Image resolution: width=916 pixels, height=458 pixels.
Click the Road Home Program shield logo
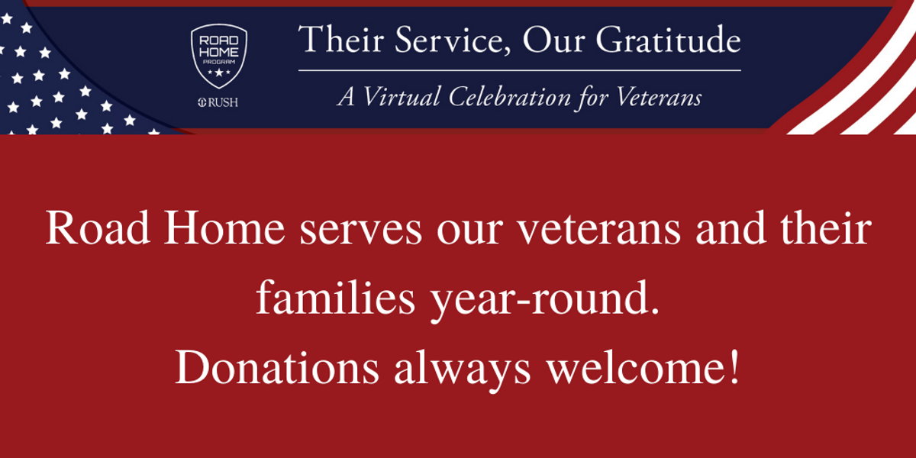(219, 56)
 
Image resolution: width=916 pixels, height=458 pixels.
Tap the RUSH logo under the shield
(218, 102)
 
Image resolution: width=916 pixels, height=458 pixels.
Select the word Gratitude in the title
(668, 39)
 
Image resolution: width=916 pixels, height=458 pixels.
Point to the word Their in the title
(341, 39)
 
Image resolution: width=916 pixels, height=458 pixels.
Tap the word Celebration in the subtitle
(510, 97)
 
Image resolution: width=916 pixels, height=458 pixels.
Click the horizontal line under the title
(519, 70)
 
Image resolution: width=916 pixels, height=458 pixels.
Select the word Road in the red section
(98, 227)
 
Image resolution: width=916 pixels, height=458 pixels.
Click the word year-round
(545, 301)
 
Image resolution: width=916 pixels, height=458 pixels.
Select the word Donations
(277, 367)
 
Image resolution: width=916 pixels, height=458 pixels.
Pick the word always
(462, 370)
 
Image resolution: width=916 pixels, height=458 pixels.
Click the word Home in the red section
(224, 227)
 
